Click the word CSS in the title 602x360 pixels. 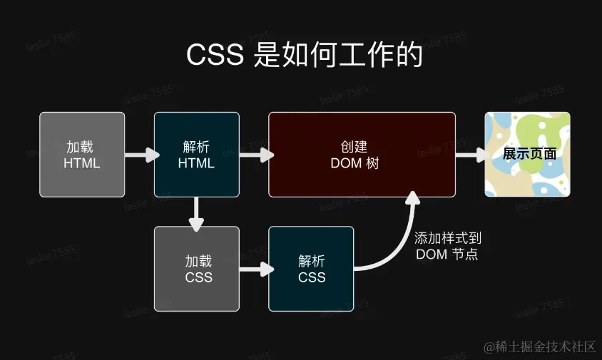(x=216, y=56)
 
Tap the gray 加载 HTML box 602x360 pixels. (x=82, y=154)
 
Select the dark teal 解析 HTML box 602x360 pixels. (x=196, y=154)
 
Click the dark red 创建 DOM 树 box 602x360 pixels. (x=362, y=154)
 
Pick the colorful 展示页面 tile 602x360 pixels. (x=527, y=154)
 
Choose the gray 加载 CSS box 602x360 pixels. (x=196, y=268)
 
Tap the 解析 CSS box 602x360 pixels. (x=311, y=268)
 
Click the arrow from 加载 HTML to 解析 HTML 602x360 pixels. (x=141, y=154)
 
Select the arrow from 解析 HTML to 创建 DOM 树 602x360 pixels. (x=255, y=154)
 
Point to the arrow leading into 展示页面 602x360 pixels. (x=471, y=154)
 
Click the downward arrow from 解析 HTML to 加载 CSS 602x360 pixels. (x=196, y=212)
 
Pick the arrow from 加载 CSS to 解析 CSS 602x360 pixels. (x=255, y=269)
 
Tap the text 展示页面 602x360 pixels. (x=529, y=154)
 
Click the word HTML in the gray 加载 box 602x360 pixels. (x=82, y=163)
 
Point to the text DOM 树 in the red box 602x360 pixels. (x=354, y=163)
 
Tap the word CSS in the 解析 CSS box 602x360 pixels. (x=312, y=277)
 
